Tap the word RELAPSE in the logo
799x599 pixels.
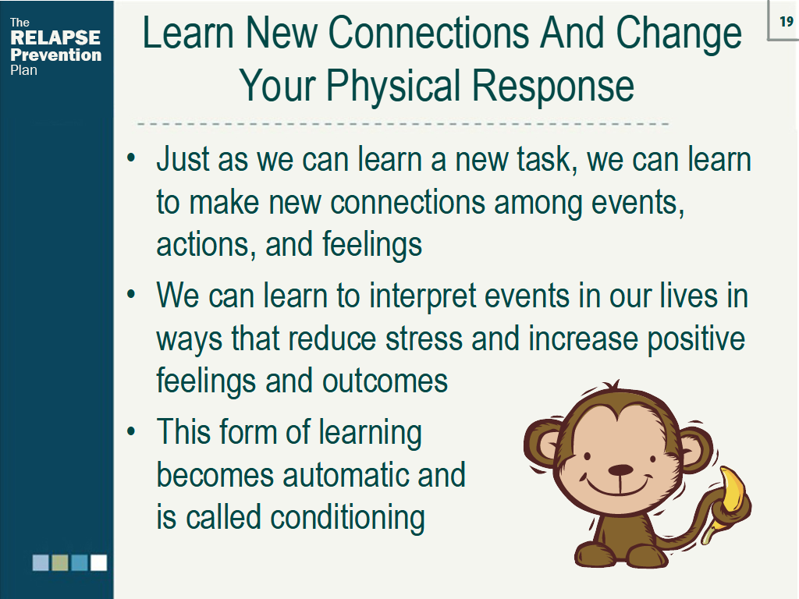pyautogui.click(x=55, y=38)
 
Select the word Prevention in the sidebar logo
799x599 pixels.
pyautogui.click(x=55, y=55)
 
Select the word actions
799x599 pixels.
pyautogui.click(x=204, y=244)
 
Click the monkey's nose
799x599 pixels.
pyautogui.click(x=620, y=470)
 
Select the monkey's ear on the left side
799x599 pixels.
pyautogui.click(x=544, y=447)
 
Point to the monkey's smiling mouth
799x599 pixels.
pyautogui.click(x=619, y=490)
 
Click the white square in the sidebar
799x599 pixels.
pyautogui.click(x=98, y=562)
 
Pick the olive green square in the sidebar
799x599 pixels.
pyautogui.click(x=60, y=562)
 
